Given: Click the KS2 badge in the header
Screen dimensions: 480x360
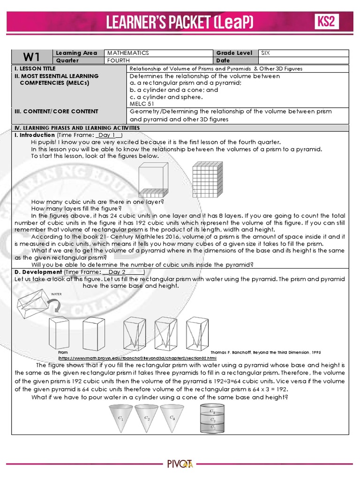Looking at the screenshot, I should pyautogui.click(x=326, y=22).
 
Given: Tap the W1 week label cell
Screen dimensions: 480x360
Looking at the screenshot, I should pyautogui.click(x=32, y=57).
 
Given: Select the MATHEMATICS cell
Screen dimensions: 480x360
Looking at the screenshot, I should pyautogui.click(x=128, y=53).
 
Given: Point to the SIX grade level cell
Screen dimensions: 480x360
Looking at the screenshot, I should pyautogui.click(x=266, y=53).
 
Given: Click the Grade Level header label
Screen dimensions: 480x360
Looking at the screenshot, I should pyautogui.click(x=234, y=53).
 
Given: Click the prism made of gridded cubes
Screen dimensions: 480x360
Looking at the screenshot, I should pyautogui.click(x=207, y=179).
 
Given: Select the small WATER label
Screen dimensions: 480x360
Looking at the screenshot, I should pyautogui.click(x=56, y=295).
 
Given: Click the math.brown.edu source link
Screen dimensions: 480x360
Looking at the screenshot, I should pyautogui.click(x=137, y=357).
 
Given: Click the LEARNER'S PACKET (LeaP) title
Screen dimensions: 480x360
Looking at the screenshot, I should pyautogui.click(x=180, y=22).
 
